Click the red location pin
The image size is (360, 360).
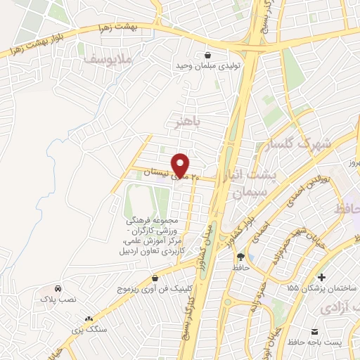point(180,164)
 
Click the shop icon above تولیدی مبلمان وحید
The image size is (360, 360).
point(207,55)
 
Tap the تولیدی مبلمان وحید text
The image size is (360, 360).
point(207,66)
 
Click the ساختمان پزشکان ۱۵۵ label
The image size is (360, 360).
point(323,288)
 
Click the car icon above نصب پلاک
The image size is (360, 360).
point(58,288)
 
